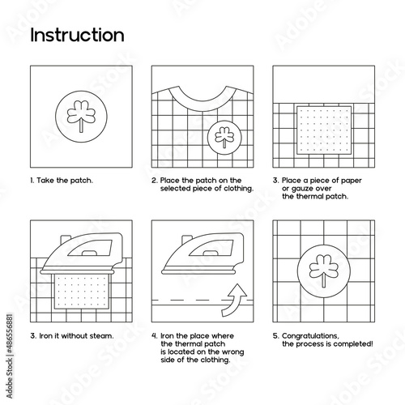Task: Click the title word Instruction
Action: (x=77, y=35)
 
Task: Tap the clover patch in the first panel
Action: (x=81, y=117)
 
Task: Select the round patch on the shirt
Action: (x=224, y=138)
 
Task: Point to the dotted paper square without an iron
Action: (x=324, y=130)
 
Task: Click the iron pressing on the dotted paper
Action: (x=83, y=254)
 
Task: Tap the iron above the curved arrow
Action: (x=203, y=254)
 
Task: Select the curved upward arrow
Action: (x=234, y=301)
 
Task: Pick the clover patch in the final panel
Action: (x=324, y=271)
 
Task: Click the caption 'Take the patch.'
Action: (x=65, y=181)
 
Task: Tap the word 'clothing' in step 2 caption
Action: (x=239, y=189)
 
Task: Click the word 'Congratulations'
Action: (x=310, y=336)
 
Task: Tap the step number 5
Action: (x=275, y=336)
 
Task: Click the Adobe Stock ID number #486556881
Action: (x=10, y=334)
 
